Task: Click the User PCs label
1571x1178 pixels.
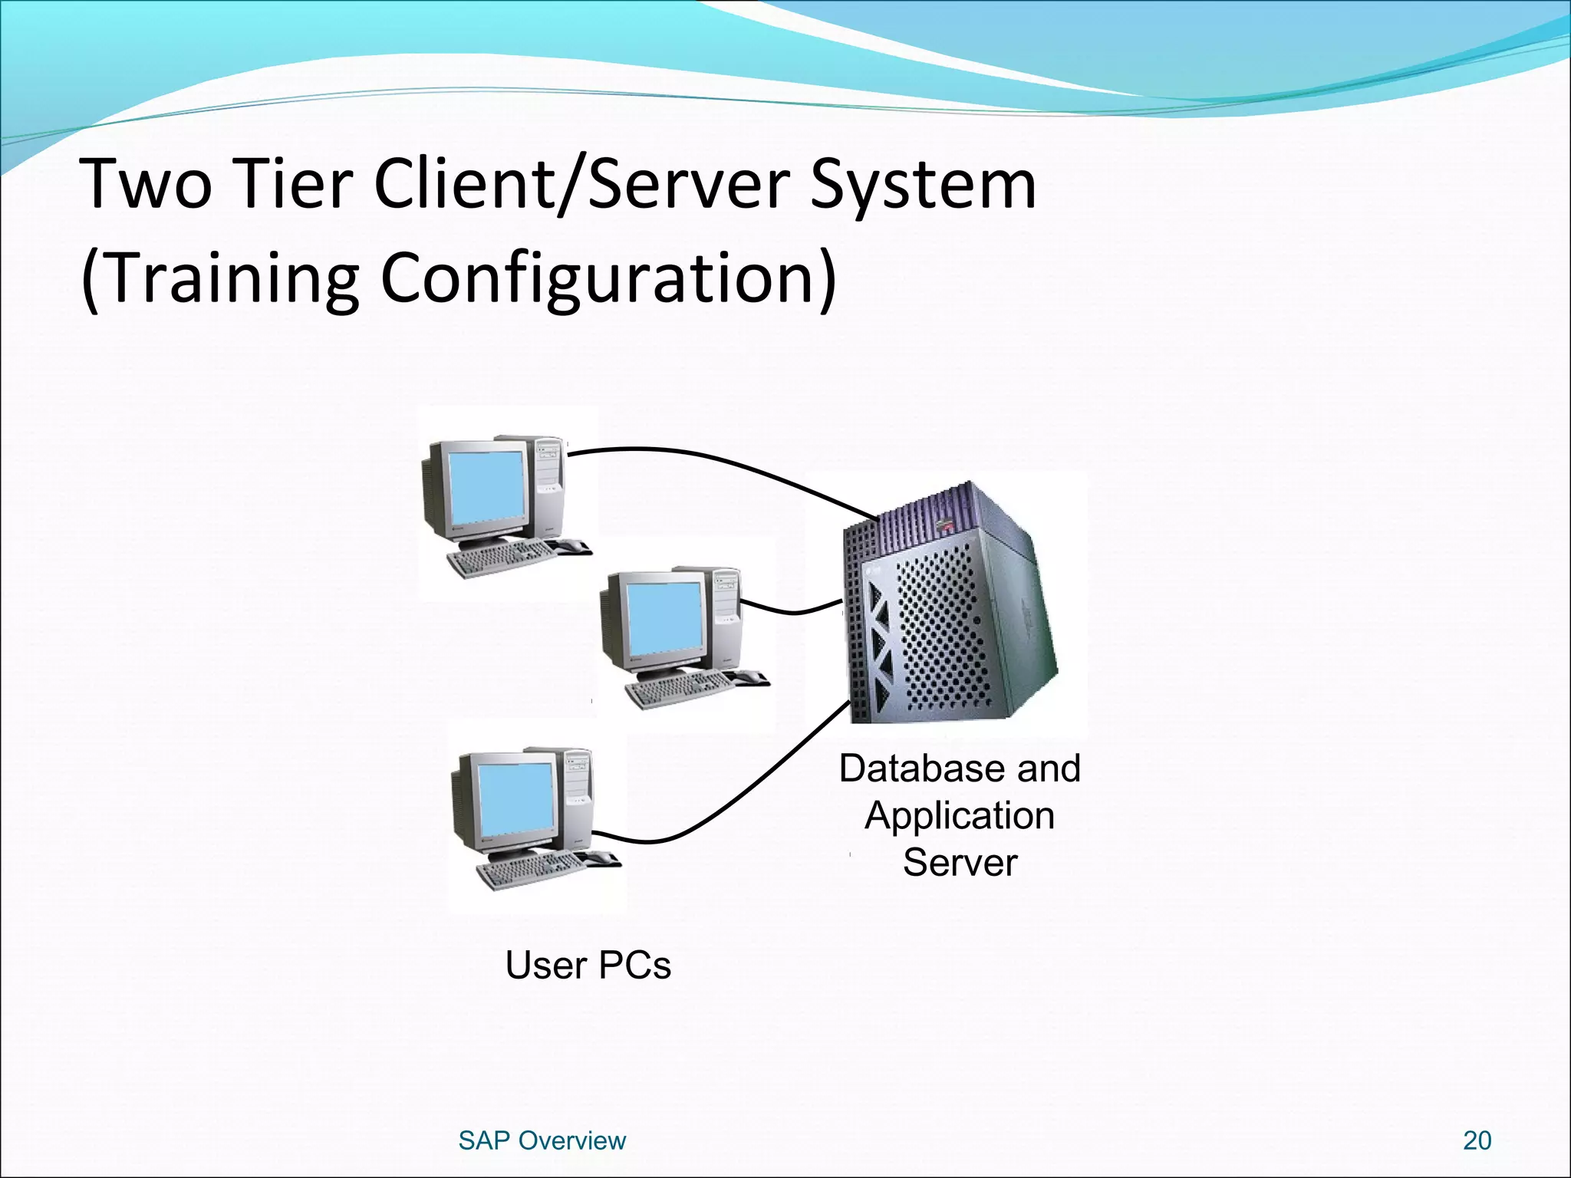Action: [588, 965]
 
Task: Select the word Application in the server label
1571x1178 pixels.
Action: [959, 815]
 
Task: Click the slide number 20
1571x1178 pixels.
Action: [1477, 1140]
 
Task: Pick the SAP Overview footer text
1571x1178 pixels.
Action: [542, 1140]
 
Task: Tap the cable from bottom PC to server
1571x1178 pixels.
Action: [729, 805]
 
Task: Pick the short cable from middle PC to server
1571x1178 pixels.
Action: [794, 611]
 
